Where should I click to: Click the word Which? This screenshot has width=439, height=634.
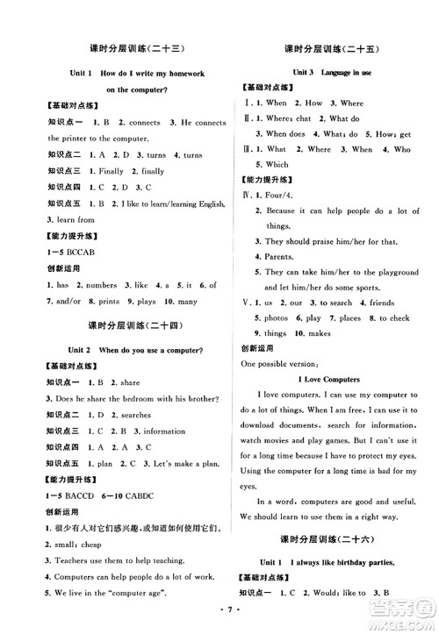click(277, 164)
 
